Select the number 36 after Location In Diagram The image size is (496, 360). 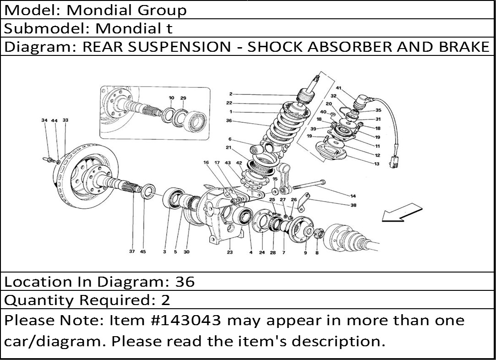point(185,282)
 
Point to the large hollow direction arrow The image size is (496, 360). point(402,213)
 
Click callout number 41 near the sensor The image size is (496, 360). point(338,88)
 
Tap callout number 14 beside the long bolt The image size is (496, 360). point(353,196)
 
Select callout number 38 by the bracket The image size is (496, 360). point(353,205)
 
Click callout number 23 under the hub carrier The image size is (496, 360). point(229,252)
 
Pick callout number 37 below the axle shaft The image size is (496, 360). point(132,251)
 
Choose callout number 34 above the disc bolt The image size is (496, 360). point(44,120)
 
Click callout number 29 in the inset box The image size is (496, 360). point(183,98)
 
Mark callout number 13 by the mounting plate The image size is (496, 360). point(376,164)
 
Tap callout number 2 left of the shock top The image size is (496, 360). point(231,94)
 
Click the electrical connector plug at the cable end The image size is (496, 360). point(394,162)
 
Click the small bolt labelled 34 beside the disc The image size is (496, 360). point(49,159)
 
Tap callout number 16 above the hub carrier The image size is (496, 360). point(206,163)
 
